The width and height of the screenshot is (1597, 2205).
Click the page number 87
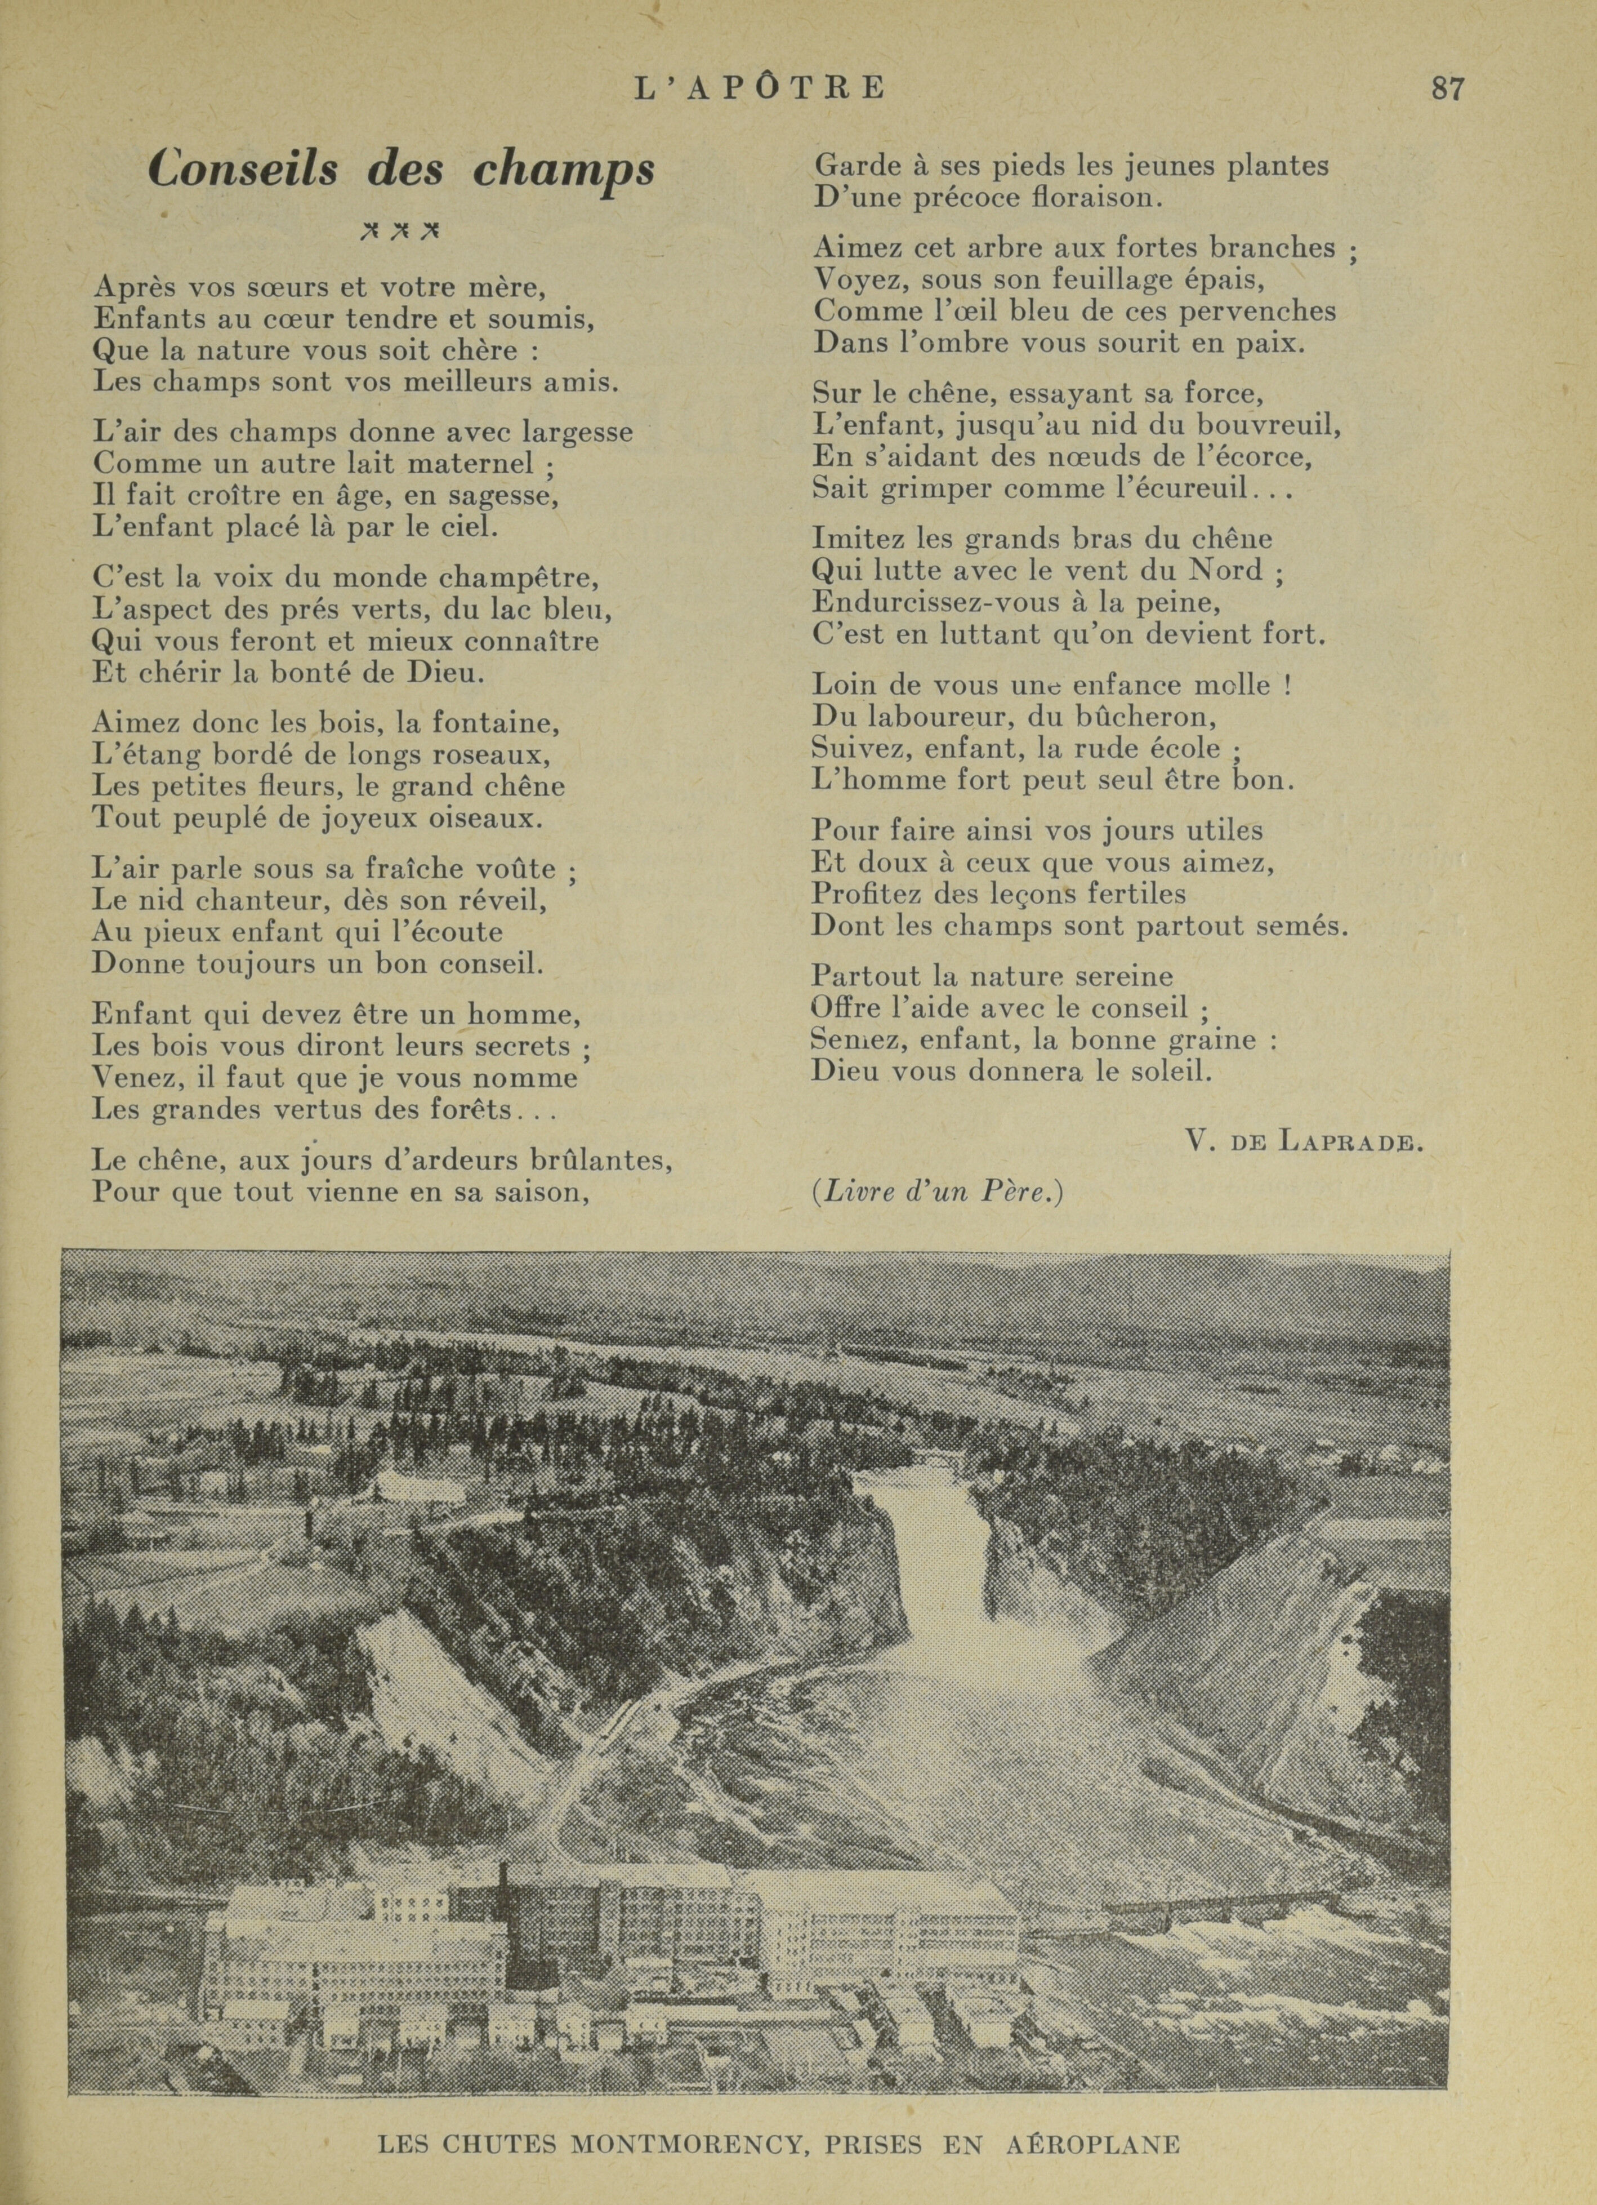coord(1447,88)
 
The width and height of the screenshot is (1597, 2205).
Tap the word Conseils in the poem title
coord(244,169)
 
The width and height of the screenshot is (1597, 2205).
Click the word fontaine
coord(482,722)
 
